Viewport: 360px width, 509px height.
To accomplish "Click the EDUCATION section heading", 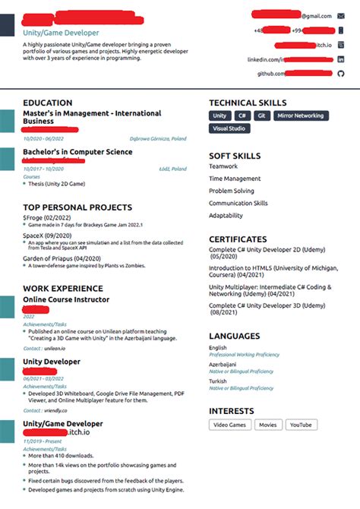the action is pyautogui.click(x=47, y=103).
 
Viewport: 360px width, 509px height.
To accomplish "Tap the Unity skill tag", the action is pyautogui.click(x=219, y=116).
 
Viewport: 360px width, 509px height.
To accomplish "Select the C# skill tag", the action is pyautogui.click(x=242, y=116).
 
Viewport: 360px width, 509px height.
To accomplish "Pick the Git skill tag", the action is pyautogui.click(x=261, y=116).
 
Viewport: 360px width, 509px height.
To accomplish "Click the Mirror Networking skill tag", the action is pyautogui.click(x=302, y=116).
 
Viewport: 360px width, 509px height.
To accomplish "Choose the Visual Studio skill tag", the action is pyautogui.click(x=229, y=129).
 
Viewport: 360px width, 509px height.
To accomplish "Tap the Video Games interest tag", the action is pyautogui.click(x=229, y=425).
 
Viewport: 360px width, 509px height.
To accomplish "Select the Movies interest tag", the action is pyautogui.click(x=268, y=425).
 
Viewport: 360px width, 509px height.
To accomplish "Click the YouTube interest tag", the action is pyautogui.click(x=301, y=425).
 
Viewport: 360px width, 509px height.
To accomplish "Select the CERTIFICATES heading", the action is pyautogui.click(x=238, y=239).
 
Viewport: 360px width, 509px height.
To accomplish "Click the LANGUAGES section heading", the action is pyautogui.click(x=235, y=335).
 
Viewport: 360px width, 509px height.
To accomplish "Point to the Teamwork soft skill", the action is pyautogui.click(x=223, y=166).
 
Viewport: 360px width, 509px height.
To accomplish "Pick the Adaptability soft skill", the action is pyautogui.click(x=226, y=216).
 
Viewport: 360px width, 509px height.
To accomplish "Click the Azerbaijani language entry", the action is pyautogui.click(x=225, y=365).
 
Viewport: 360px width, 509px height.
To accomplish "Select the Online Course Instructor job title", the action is pyautogui.click(x=66, y=300).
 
